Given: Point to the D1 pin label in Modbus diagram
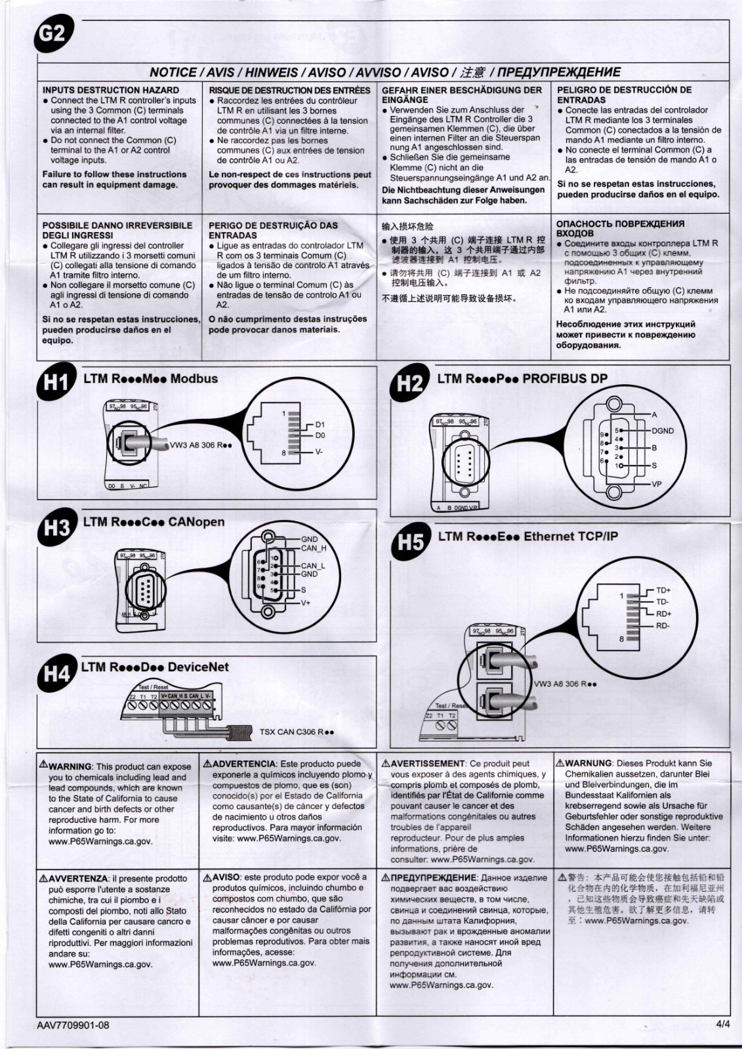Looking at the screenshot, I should (320, 425).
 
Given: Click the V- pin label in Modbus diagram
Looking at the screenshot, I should (319, 452).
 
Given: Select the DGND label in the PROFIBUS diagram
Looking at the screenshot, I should (663, 431).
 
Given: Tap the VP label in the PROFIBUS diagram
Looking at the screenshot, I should (657, 484).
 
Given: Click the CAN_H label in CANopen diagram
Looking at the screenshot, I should (314, 548).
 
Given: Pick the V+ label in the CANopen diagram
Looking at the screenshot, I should (306, 603).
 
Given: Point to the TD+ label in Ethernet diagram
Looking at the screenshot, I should (663, 590).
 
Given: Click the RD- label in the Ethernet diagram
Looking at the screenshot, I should (663, 625).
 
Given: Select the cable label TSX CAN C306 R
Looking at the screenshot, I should (297, 732).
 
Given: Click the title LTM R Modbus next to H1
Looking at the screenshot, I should (150, 378).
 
